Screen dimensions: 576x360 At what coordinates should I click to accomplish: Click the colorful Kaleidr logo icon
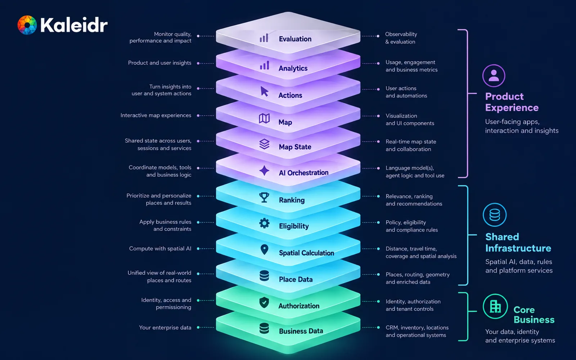[27, 25]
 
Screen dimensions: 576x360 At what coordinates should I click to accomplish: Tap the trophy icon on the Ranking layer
[264, 198]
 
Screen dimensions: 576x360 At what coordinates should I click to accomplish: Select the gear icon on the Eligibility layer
[264, 223]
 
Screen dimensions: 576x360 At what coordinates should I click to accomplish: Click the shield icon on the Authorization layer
[264, 303]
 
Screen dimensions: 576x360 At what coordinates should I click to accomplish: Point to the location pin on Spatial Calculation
[264, 249]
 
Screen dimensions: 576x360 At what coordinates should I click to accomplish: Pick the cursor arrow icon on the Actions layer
[264, 91]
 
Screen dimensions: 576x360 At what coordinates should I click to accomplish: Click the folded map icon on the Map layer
[264, 118]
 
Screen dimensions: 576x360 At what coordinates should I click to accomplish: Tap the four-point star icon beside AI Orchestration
[264, 171]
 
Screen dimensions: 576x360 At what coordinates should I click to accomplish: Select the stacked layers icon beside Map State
[264, 144]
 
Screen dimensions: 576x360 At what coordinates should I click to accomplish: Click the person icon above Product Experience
[494, 76]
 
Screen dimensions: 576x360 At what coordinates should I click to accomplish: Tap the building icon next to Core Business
[495, 306]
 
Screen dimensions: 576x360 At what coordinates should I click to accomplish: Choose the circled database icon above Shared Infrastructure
[495, 215]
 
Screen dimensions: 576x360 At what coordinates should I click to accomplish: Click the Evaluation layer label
[295, 39]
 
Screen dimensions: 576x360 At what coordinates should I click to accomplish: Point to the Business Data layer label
[301, 331]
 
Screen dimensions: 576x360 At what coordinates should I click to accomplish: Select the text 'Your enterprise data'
[165, 328]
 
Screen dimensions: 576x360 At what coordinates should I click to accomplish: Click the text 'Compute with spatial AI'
[160, 249]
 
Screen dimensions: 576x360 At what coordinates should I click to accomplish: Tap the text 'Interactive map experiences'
[156, 116]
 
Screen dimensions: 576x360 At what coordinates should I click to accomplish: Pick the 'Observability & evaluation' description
[401, 38]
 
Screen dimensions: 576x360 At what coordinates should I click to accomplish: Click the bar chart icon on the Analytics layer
[264, 65]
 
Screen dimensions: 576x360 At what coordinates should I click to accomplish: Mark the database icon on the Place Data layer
[264, 276]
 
